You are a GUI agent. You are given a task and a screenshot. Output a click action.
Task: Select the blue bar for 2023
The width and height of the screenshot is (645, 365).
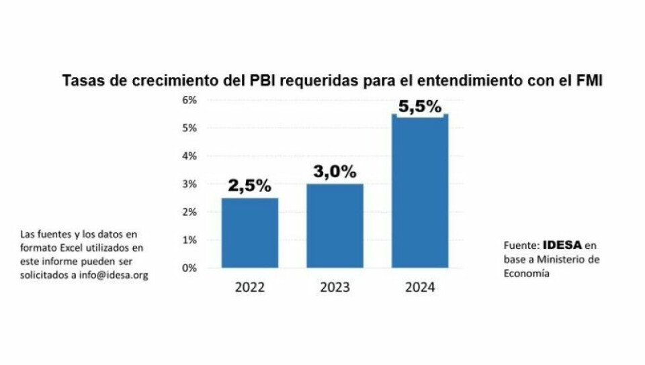pyautogui.click(x=335, y=225)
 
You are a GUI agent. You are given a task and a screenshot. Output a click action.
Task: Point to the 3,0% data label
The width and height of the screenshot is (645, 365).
pyautogui.click(x=334, y=172)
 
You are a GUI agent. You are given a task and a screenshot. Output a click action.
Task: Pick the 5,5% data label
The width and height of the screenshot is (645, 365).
pyautogui.click(x=419, y=106)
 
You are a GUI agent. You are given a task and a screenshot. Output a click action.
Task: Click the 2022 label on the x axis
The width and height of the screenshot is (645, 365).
pyautogui.click(x=250, y=287)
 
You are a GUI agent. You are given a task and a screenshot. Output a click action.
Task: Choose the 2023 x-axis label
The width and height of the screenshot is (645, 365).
pyautogui.click(x=335, y=287)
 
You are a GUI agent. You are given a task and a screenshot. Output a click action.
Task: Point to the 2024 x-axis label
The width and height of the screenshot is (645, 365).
pyautogui.click(x=420, y=287)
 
